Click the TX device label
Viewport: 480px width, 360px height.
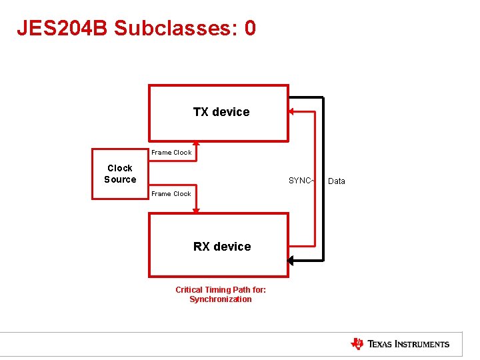pyautogui.click(x=221, y=112)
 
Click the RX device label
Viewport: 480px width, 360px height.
pyautogui.click(x=222, y=247)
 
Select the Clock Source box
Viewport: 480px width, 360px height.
pyautogui.click(x=120, y=174)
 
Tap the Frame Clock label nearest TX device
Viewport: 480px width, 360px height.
pyautogui.click(x=171, y=153)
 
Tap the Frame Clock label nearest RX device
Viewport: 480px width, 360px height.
pyautogui.click(x=171, y=194)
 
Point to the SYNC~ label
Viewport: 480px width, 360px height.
pyautogui.click(x=300, y=181)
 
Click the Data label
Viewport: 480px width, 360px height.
pyautogui.click(x=337, y=181)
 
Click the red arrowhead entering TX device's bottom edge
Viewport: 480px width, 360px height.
pyautogui.click(x=196, y=143)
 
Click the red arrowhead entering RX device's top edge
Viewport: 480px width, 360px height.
pyautogui.click(x=196, y=211)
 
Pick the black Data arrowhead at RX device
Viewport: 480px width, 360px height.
pyautogui.click(x=291, y=260)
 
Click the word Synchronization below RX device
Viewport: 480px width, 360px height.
pyautogui.click(x=221, y=299)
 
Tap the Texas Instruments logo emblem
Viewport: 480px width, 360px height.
pyautogui.click(x=357, y=344)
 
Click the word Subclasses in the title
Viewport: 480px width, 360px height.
pyautogui.click(x=177, y=28)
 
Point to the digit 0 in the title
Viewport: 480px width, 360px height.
pyautogui.click(x=250, y=28)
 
